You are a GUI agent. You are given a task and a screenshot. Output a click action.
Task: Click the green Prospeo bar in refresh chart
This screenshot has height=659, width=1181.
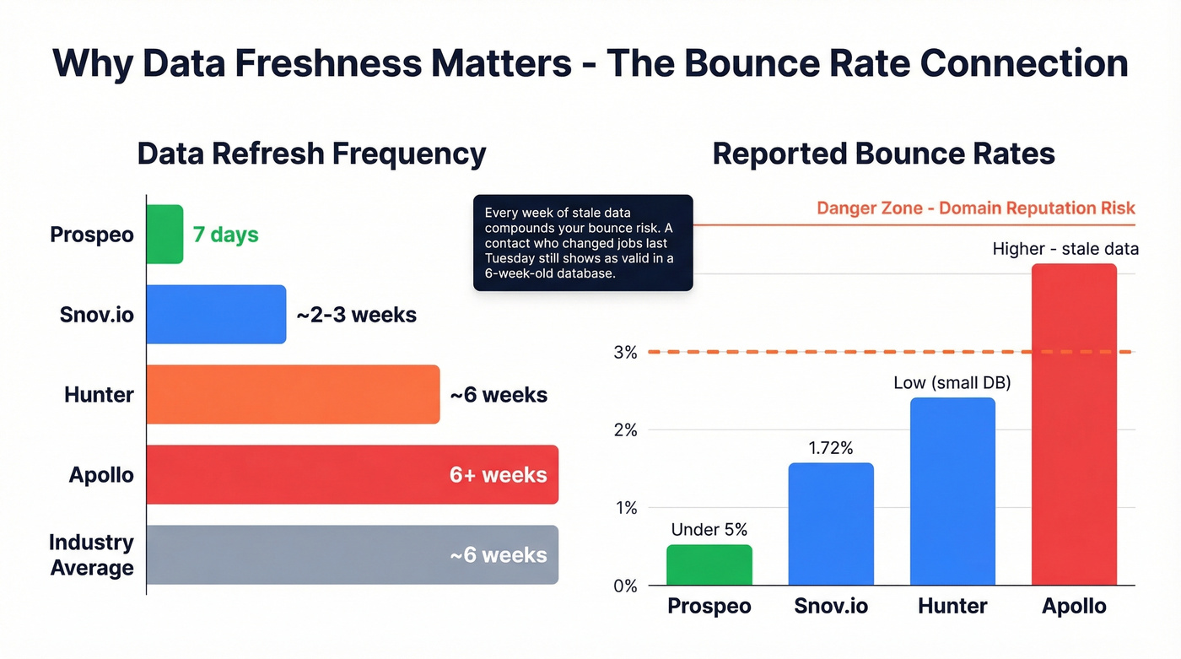click(164, 234)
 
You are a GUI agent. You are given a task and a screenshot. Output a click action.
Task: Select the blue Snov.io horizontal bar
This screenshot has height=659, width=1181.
click(216, 314)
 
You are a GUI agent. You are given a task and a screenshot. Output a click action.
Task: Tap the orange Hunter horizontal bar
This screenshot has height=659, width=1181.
click(293, 394)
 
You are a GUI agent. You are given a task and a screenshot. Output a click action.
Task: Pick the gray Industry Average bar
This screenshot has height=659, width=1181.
click(352, 554)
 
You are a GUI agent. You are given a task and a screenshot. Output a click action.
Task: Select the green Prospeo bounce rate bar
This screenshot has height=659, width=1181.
click(709, 564)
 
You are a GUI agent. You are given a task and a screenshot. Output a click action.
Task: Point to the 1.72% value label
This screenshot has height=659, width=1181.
click(831, 448)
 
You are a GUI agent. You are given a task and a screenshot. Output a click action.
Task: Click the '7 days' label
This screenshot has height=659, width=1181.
click(225, 234)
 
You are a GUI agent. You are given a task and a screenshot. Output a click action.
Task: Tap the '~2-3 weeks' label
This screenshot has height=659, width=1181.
click(356, 315)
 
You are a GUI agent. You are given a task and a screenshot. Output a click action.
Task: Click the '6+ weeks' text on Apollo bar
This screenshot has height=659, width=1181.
click(498, 474)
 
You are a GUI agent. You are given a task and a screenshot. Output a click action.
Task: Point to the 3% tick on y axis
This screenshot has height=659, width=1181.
click(625, 352)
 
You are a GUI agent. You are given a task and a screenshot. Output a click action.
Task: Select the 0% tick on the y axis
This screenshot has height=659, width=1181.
click(625, 586)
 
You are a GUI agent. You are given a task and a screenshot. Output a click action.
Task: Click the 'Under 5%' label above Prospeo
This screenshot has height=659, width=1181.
click(709, 530)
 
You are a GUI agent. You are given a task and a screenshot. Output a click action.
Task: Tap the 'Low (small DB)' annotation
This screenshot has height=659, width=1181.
click(952, 383)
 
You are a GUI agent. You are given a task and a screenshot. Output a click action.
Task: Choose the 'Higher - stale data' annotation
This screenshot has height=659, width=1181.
click(1065, 249)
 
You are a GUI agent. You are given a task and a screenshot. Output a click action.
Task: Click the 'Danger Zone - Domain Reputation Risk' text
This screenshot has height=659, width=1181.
click(976, 208)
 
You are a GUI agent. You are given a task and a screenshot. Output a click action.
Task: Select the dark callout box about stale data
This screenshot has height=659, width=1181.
click(583, 243)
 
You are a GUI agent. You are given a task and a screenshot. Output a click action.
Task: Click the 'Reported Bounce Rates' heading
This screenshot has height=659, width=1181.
click(883, 154)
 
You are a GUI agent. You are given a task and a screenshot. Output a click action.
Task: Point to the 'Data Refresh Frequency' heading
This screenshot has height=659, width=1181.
click(311, 154)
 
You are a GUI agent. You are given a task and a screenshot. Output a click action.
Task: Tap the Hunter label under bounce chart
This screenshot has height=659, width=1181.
click(952, 606)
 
